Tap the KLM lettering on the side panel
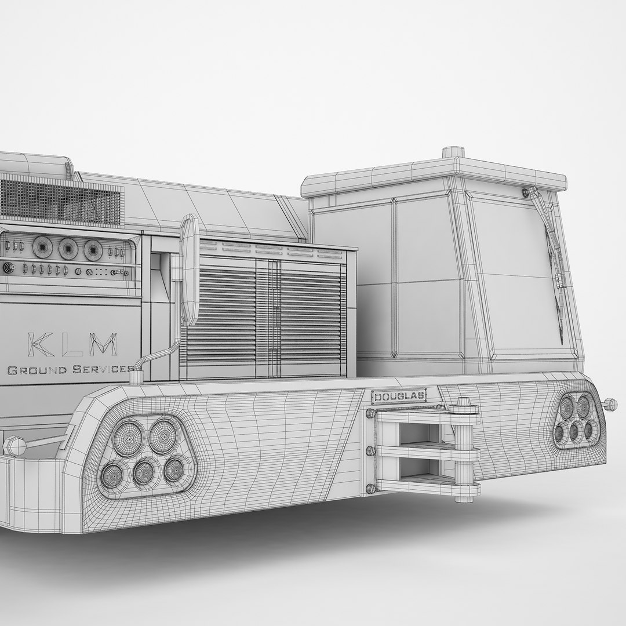72,344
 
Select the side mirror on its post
189,270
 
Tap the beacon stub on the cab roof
453,152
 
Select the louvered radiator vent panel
267,312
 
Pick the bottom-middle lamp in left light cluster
144,473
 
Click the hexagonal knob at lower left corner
13,446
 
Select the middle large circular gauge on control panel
68,249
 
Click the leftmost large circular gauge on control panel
42,248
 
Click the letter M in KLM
106,344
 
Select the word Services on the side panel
101,369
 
